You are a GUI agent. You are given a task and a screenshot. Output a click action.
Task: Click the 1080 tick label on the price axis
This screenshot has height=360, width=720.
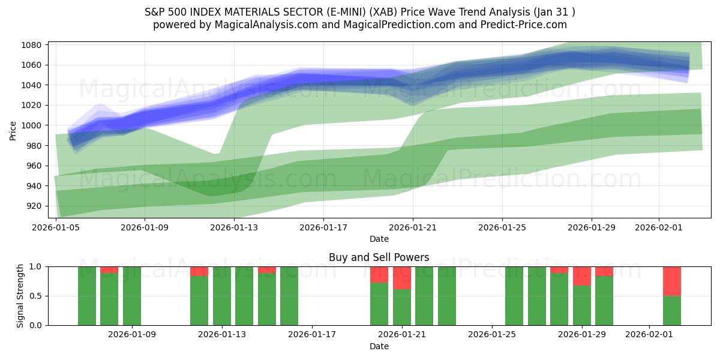(x=31, y=45)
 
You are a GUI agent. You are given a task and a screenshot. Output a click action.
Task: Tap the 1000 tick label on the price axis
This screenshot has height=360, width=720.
(x=31, y=125)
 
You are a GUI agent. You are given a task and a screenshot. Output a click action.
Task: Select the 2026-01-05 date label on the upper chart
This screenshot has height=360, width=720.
(x=56, y=228)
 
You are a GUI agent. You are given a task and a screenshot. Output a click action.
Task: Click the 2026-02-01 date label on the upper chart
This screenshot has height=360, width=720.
(x=659, y=228)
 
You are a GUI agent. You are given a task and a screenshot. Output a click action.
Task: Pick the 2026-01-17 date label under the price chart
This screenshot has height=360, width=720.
(x=323, y=228)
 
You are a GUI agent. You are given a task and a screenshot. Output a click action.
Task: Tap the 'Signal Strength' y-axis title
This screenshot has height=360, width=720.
(x=20, y=296)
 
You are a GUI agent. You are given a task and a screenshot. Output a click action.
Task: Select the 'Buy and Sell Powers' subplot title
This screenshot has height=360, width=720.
(x=379, y=257)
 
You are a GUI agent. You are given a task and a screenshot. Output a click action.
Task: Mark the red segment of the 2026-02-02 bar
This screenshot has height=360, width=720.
(x=672, y=281)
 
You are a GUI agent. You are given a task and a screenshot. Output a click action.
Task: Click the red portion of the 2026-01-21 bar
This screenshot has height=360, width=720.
(x=402, y=278)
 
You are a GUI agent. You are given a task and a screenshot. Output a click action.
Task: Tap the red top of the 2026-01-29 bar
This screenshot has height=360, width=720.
(x=582, y=276)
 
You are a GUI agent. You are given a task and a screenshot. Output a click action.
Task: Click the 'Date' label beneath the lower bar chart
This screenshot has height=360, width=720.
(x=379, y=346)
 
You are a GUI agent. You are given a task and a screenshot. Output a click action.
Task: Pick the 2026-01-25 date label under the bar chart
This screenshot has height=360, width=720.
(x=492, y=335)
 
